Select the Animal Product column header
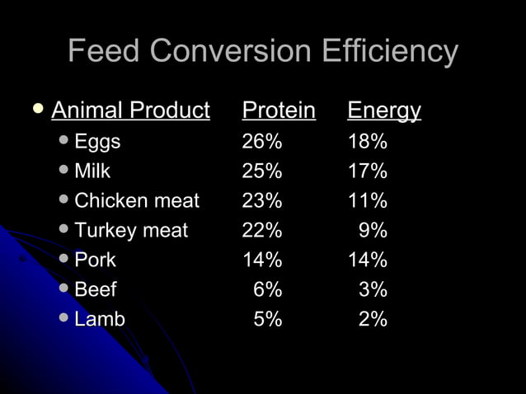tap(130, 110)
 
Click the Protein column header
tap(279, 110)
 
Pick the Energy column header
tap(384, 110)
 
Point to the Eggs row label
tap(97, 142)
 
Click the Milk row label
tap(92, 171)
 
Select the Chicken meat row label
tap(137, 201)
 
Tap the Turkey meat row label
tap(131, 231)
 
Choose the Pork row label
tap(95, 260)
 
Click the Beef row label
tap(96, 290)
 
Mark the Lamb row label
tap(100, 320)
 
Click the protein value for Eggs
tap(262, 142)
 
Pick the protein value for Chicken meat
tap(262, 201)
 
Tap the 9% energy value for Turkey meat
tap(373, 231)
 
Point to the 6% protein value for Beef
tap(268, 290)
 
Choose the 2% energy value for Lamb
tap(373, 320)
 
